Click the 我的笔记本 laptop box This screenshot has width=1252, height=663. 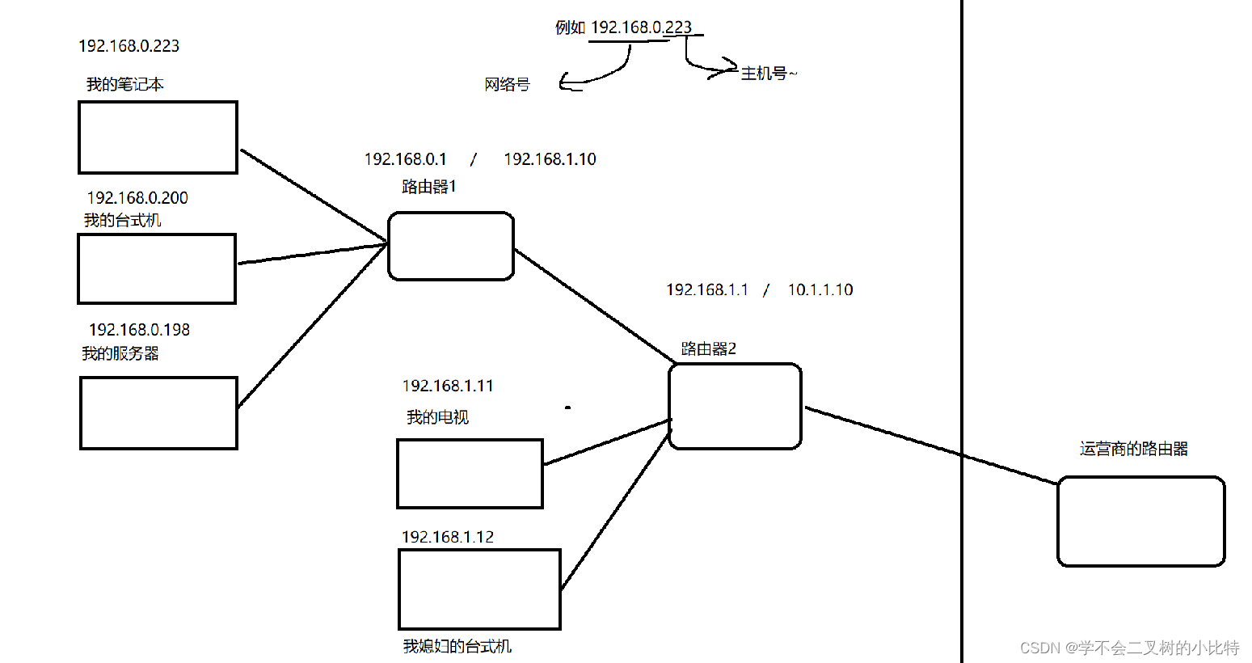[158, 137]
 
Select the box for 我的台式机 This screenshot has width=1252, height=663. [157, 269]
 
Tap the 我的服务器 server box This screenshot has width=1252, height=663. [158, 412]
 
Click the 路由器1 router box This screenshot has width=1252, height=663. [450, 247]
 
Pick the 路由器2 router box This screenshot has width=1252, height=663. [735, 406]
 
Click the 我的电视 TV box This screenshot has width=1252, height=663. [470, 474]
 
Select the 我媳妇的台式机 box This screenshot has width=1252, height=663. [479, 589]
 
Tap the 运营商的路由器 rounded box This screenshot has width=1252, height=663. [1140, 522]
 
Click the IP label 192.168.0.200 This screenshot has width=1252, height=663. [137, 198]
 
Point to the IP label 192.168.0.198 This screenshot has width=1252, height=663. [139, 330]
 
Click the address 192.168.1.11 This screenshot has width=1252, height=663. [448, 386]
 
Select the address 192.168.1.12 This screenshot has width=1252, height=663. [448, 537]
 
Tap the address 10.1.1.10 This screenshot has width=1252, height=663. [820, 289]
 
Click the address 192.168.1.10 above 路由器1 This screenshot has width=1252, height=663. [550, 159]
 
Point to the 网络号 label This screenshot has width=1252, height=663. [507, 84]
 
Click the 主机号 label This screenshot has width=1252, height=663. [764, 74]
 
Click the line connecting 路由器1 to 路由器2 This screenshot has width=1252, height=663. [594, 306]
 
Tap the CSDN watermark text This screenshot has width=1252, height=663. [1129, 648]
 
